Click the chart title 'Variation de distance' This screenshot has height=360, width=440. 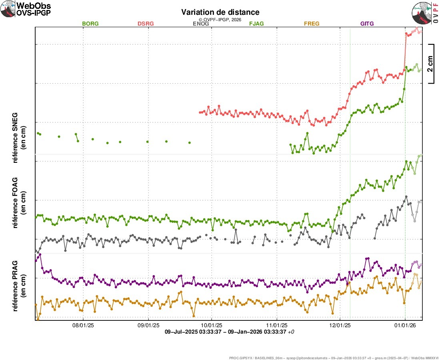click(220, 12)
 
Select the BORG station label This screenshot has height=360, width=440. click(90, 24)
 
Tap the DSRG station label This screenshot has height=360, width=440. click(146, 24)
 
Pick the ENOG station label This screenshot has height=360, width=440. click(201, 24)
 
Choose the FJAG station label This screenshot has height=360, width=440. click(256, 24)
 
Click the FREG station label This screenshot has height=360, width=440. click(312, 24)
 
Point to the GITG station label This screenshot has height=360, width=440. click(367, 24)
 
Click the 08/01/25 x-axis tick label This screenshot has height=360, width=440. click(83, 326)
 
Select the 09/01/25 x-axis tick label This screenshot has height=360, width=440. click(148, 326)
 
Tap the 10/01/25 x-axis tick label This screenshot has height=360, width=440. click(211, 326)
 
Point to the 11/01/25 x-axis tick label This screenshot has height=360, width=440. click(276, 326)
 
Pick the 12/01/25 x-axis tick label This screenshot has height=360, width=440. click(340, 326)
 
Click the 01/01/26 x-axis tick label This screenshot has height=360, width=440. click(405, 326)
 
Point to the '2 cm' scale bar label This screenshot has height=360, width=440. click(430, 64)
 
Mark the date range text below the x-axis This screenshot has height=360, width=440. click(230, 332)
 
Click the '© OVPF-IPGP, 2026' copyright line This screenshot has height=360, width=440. click(220, 19)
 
